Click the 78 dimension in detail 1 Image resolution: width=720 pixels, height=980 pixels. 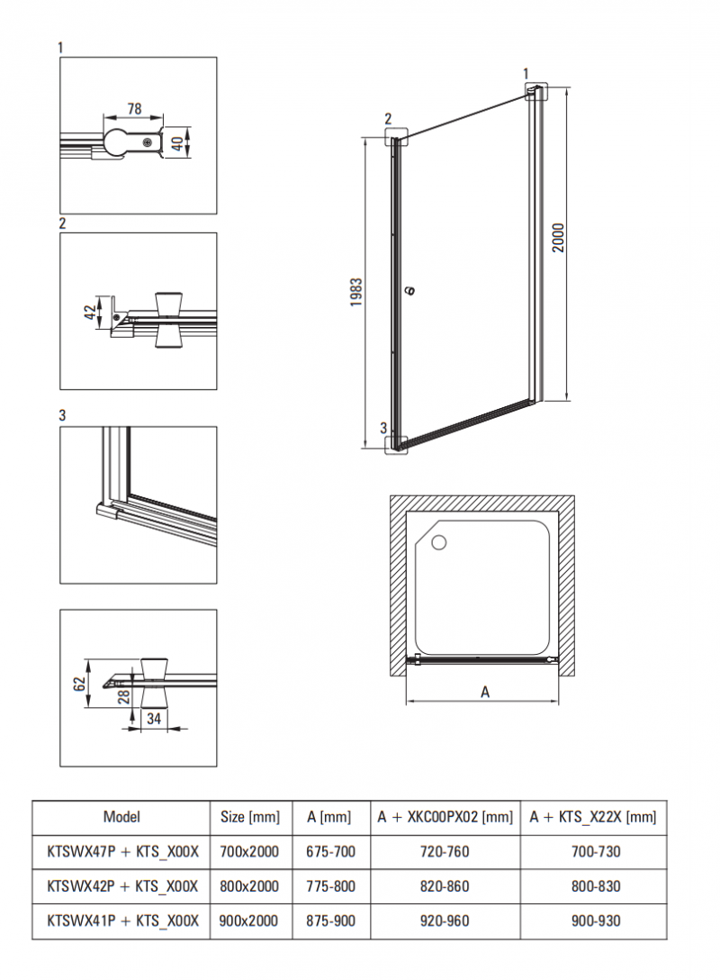pos(134,109)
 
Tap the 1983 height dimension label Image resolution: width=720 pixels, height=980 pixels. pos(356,293)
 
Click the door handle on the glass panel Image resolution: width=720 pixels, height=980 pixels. pos(409,290)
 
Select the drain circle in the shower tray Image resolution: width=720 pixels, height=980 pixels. pos(439,542)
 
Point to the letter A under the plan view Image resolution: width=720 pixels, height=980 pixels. pos(485,692)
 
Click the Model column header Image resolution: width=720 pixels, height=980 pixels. pos(121,818)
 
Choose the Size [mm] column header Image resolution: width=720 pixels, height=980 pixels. pos(249,818)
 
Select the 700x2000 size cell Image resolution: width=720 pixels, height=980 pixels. pos(249,851)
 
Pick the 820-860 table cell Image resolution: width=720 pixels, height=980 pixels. pos(445,886)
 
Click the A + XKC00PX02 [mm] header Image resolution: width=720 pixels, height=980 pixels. pos(445,818)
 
